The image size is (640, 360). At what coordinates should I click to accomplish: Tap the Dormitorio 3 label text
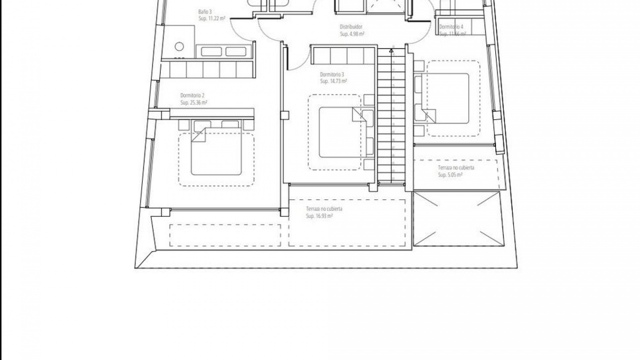pos(332,74)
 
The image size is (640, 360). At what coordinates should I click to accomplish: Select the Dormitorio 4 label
pos(451,27)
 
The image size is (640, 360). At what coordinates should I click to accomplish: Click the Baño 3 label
pos(205,12)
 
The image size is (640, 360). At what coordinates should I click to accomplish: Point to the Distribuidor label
pos(351,27)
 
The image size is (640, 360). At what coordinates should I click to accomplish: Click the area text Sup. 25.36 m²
pos(194,103)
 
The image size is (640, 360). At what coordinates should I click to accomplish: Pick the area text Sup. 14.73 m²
pos(333,81)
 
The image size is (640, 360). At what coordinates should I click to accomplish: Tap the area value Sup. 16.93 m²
pos(319,216)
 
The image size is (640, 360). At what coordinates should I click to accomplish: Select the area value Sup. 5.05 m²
pos(450,175)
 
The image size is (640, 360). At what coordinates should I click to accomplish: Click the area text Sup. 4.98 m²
pos(352,34)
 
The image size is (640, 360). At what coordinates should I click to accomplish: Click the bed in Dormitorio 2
pos(216,152)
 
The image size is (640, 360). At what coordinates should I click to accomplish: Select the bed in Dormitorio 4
pos(445,98)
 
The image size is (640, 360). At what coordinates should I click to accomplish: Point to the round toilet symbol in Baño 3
pos(179,46)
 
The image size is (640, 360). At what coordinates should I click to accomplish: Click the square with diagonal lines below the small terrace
pos(457,219)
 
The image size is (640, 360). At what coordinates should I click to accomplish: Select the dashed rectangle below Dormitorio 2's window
pos(225,235)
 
